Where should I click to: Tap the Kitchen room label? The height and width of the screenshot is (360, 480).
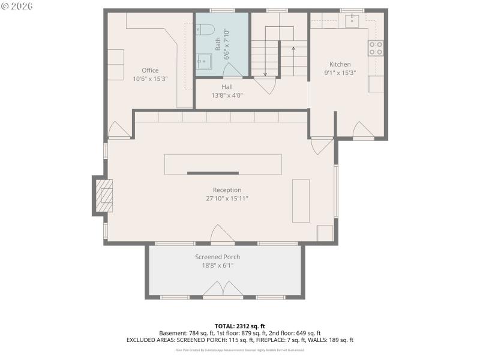tap(340, 64)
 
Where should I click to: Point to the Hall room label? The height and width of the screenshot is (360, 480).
tap(227, 87)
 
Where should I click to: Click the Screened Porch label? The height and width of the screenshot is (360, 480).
tap(217, 257)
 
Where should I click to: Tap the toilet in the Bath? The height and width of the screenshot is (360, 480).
tap(205, 29)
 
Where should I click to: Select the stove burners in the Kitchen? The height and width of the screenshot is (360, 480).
tap(376, 48)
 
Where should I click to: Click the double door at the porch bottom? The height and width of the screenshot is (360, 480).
tap(223, 292)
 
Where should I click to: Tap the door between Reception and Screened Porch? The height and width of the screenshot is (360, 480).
tap(220, 235)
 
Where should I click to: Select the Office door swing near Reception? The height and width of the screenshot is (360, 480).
tap(118, 130)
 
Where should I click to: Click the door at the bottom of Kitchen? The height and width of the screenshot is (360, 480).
tap(363, 130)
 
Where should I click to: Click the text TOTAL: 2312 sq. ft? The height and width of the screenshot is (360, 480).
tap(239, 326)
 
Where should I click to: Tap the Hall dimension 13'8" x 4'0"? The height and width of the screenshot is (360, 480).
tap(227, 95)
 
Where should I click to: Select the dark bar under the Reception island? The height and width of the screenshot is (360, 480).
tap(204, 173)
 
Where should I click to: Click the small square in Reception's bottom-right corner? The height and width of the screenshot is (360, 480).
tap(325, 233)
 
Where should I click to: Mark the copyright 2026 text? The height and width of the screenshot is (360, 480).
tap(17, 6)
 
